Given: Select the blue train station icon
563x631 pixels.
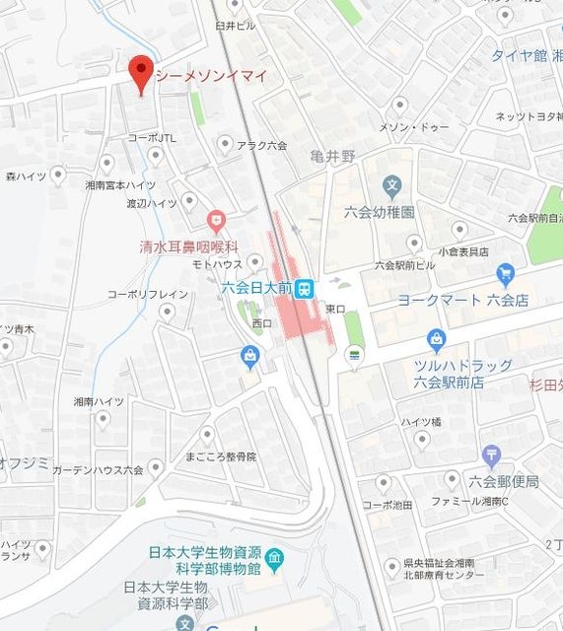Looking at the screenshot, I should [x=306, y=288].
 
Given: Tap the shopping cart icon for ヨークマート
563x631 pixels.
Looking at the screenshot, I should [x=506, y=273].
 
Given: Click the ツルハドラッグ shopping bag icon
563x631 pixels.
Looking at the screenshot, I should [x=437, y=341].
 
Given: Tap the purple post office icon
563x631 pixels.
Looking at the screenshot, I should [x=492, y=456].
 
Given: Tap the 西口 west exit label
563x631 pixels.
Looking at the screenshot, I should [x=261, y=322].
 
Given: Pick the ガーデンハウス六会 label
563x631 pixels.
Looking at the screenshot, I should [x=99, y=469].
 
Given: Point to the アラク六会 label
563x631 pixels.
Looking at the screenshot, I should [x=261, y=145].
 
